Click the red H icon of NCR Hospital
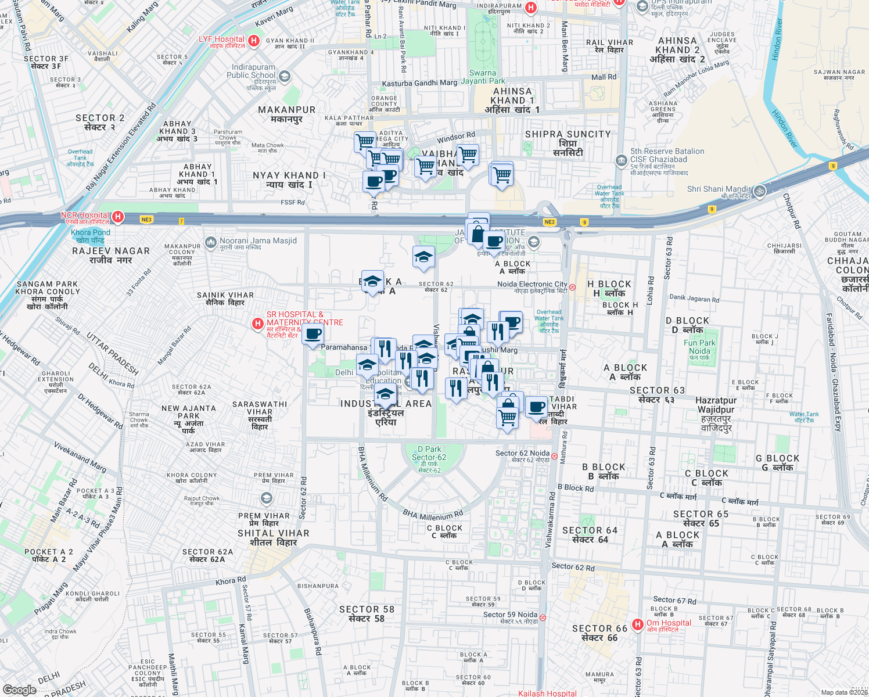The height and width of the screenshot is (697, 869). pyautogui.click(x=118, y=217)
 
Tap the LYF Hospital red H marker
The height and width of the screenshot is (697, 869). pyautogui.click(x=253, y=41)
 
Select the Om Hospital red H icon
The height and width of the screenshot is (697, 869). pyautogui.click(x=638, y=624)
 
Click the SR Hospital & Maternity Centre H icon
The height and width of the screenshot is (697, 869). pyautogui.click(x=258, y=324)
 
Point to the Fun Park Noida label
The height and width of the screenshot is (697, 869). pyautogui.click(x=699, y=347)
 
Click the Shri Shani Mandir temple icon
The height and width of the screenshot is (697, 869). pyautogui.click(x=760, y=191)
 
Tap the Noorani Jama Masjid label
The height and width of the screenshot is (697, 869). pyautogui.click(x=258, y=240)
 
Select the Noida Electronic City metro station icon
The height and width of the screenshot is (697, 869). pyautogui.click(x=572, y=287)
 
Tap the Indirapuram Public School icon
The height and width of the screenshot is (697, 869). pyautogui.click(x=284, y=76)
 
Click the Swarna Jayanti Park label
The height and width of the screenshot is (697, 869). pyautogui.click(x=483, y=77)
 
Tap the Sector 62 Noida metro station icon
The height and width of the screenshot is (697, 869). pyautogui.click(x=555, y=456)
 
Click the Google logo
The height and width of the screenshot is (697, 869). pyautogui.click(x=19, y=689)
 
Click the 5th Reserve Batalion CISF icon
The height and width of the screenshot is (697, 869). pyautogui.click(x=622, y=160)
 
